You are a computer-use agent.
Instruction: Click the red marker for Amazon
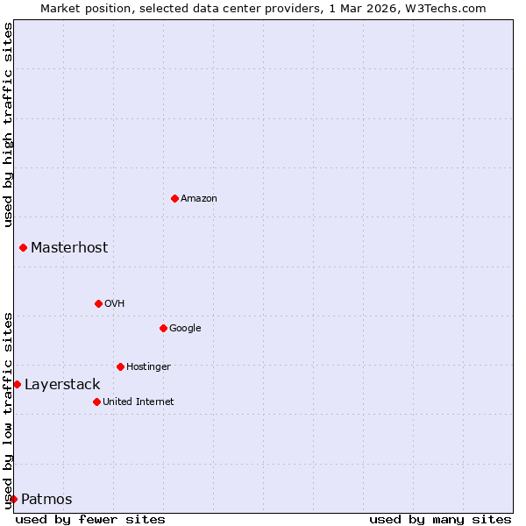[174, 198]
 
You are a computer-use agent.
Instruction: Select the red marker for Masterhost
[23, 247]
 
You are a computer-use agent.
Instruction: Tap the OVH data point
[98, 303]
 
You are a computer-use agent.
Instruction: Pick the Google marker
[163, 328]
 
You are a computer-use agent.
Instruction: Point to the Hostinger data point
[120, 366]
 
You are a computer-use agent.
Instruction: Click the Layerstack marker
[17, 384]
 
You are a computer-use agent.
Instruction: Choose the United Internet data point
[96, 402]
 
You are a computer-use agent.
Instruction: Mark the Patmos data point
[13, 499]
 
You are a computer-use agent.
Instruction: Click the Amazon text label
[199, 198]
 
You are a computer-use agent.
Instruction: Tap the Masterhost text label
[69, 247]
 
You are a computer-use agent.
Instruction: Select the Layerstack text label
[62, 384]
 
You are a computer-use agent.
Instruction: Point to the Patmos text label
[46, 499]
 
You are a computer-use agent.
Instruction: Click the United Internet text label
[139, 402]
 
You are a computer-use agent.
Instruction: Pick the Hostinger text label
[148, 366]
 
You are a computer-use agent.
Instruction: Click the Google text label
[185, 328]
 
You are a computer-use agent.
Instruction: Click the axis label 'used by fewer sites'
[90, 519]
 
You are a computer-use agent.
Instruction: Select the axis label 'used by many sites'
[440, 519]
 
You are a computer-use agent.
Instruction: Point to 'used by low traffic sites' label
[8, 410]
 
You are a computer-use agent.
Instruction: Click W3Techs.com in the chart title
[448, 8]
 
